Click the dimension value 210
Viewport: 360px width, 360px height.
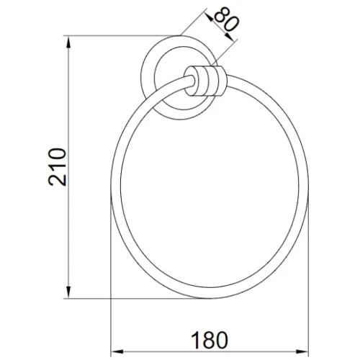57,167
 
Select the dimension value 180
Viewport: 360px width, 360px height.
209,340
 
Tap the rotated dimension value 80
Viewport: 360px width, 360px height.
226,19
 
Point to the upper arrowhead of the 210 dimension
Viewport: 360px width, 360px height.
68,42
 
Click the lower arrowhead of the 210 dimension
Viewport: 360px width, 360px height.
68,292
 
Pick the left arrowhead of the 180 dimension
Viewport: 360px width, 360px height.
117,352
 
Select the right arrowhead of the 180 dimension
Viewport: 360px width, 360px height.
302,352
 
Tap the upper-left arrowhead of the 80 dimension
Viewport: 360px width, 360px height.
209,17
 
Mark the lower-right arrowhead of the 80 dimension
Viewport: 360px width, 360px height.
229,37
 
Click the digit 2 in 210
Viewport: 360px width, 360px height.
57,180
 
